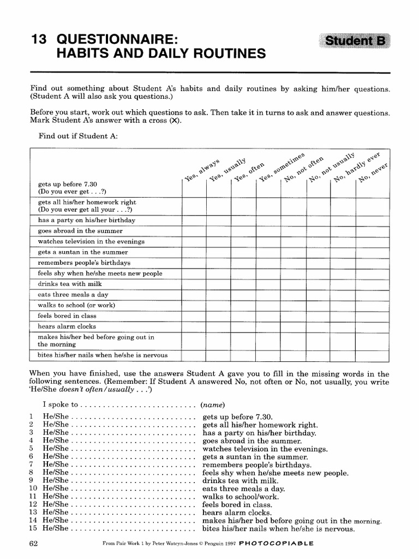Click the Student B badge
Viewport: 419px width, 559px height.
[355, 41]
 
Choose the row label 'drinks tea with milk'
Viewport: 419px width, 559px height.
[70, 284]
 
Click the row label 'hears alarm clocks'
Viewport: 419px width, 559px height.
[67, 326]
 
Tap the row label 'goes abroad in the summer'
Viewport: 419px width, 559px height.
[80, 231]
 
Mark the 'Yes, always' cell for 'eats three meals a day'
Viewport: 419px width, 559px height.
[194, 295]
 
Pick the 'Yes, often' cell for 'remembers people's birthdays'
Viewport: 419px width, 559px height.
[243, 263]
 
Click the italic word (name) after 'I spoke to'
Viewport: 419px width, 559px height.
[213, 405]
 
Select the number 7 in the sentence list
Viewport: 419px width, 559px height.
[32, 465]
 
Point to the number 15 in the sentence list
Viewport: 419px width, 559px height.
[32, 528]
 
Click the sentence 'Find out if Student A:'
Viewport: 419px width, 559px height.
[78, 136]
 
